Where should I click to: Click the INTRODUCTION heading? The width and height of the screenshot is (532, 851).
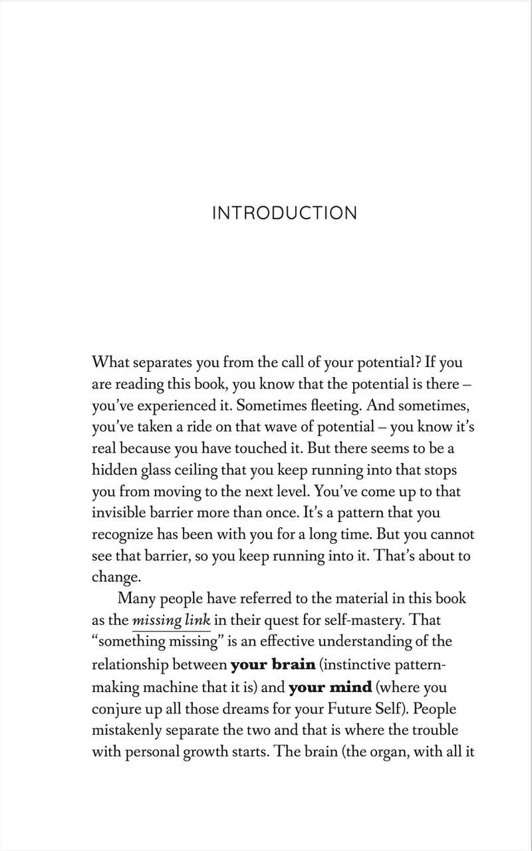point(284,213)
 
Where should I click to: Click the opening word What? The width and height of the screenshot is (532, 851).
point(110,363)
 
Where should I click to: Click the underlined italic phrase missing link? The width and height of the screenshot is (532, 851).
point(172,620)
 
